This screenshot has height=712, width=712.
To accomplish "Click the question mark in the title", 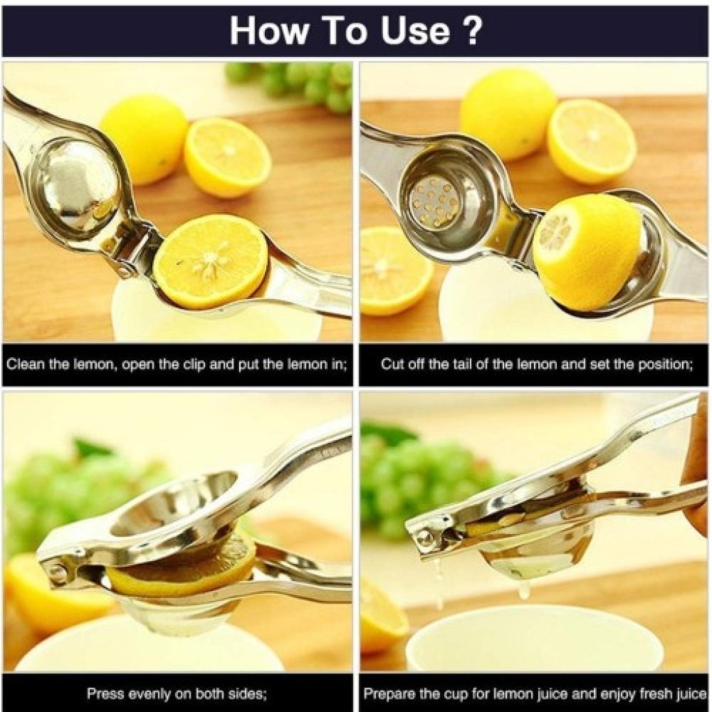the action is click(472, 31).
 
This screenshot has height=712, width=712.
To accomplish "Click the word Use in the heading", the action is click(415, 31).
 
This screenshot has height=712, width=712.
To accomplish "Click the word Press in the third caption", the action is click(106, 694).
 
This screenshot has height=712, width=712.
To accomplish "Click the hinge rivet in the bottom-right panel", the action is click(426, 539).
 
